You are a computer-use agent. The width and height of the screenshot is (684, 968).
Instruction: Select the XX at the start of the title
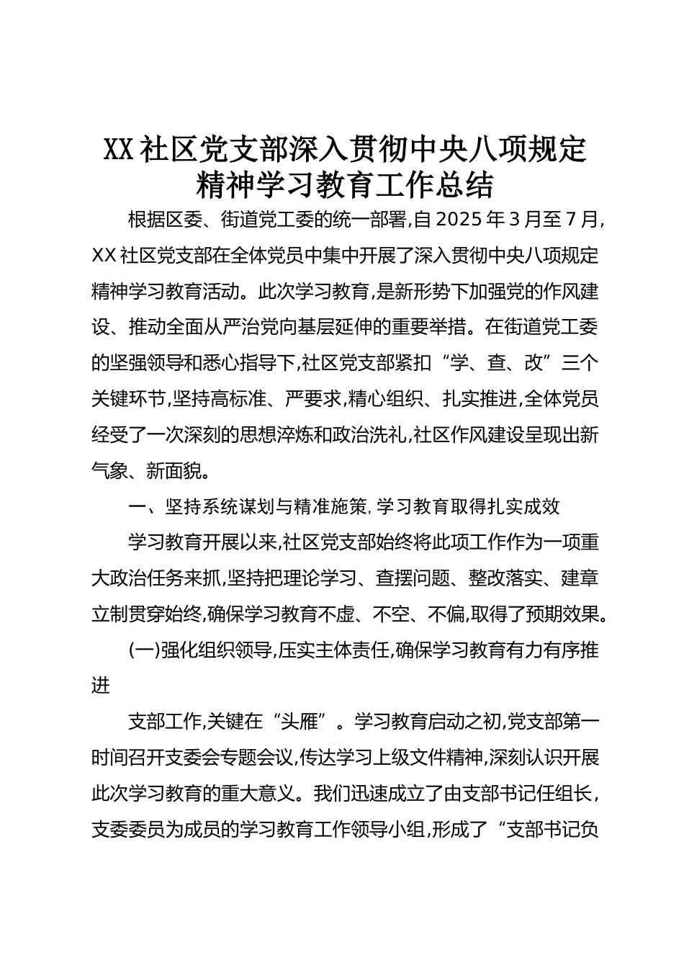[x=119, y=149]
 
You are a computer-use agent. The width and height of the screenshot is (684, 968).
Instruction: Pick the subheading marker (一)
[x=143, y=650]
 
